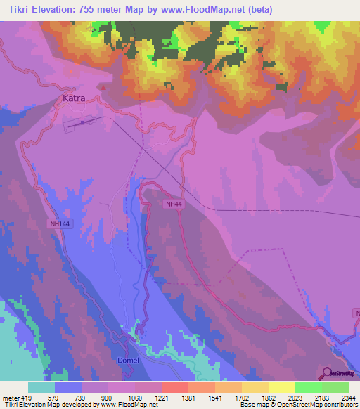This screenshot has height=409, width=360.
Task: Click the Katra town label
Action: pyautogui.click(x=74, y=98)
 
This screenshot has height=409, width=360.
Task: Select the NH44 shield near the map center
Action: pyautogui.click(x=174, y=203)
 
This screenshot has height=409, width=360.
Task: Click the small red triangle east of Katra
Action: pyautogui.click(x=103, y=88)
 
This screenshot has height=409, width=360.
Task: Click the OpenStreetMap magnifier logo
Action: pyautogui.click(x=326, y=372)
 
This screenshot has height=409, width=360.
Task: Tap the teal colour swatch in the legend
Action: pyautogui.click(x=41, y=387)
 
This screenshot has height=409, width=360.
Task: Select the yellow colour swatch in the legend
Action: pyautogui.click(x=282, y=387)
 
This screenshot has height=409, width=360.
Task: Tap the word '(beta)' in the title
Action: pyautogui.click(x=258, y=10)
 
